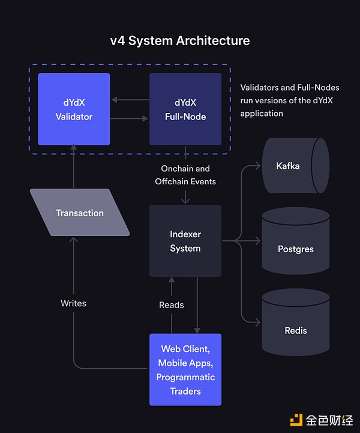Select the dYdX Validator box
[74, 109]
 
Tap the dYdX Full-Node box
[185, 109]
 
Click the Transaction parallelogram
[80, 213]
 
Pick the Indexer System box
[185, 241]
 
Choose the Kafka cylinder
[296, 166]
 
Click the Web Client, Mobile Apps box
[185, 369]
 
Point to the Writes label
[73, 303]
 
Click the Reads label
[172, 305]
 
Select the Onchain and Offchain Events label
[185, 175]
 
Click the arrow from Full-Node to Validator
[130, 100]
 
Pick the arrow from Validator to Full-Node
[130, 119]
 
